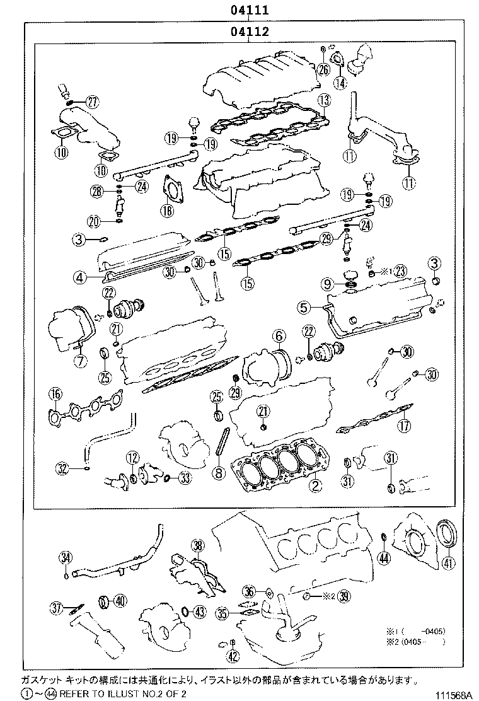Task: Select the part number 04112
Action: click(250, 32)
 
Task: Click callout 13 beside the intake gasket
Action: click(324, 100)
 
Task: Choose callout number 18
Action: click(166, 211)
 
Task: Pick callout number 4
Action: click(78, 276)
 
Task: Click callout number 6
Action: click(279, 338)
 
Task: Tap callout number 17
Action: click(404, 426)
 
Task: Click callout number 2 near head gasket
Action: click(315, 485)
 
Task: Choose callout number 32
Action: click(62, 468)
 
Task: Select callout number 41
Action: click(447, 563)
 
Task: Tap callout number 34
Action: click(66, 556)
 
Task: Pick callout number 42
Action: click(233, 657)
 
